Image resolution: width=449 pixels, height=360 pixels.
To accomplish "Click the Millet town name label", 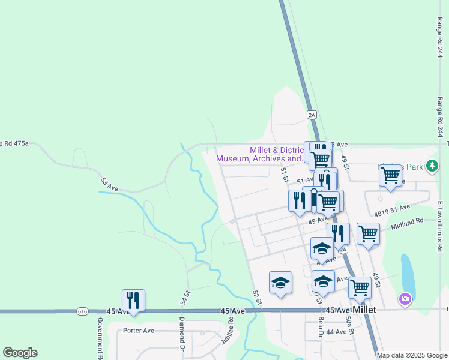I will (x=364, y=310).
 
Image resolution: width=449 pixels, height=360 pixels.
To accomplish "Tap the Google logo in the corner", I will (x=20, y=353).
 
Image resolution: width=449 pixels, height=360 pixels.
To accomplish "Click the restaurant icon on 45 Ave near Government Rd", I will (x=133, y=300).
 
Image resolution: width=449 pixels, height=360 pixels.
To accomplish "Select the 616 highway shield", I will (x=83, y=311).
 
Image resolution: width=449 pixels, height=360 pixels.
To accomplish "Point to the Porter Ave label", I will (x=139, y=330).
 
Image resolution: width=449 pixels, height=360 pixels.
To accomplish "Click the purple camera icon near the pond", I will (x=405, y=298).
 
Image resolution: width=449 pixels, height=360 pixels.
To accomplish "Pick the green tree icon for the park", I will (x=432, y=165).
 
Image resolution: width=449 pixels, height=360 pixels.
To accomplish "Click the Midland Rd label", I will (x=407, y=221).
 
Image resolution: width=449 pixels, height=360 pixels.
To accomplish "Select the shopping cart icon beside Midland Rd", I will (x=368, y=233).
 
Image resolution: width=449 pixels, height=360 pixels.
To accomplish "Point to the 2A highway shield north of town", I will (x=311, y=115).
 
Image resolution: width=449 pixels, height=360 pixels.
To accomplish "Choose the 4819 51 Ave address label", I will (x=392, y=210).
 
